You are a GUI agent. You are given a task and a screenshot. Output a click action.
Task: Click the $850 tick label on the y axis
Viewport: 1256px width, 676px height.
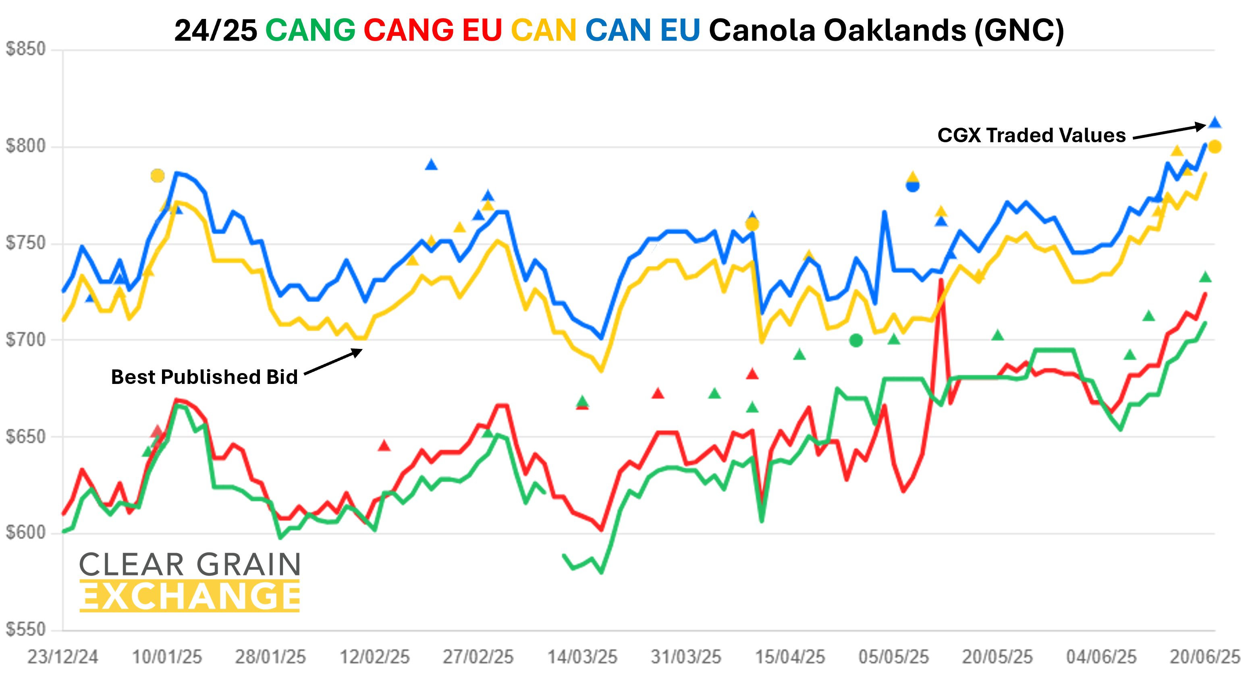click(25, 49)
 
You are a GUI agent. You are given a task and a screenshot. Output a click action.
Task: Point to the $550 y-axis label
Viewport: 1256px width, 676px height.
click(25, 629)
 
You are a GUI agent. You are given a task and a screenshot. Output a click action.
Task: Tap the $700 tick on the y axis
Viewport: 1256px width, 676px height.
click(25, 340)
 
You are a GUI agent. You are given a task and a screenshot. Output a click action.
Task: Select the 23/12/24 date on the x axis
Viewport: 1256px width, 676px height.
click(62, 657)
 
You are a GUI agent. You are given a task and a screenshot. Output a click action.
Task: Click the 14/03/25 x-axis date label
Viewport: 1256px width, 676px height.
click(582, 657)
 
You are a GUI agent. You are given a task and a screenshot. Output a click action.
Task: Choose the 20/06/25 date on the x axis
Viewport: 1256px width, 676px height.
click(1205, 657)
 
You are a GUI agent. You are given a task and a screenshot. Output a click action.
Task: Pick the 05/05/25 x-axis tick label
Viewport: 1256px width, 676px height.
click(893, 657)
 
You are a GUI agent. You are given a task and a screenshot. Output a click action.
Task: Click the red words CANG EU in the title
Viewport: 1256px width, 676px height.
click(432, 30)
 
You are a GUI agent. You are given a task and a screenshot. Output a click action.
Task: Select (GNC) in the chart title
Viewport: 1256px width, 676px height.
click(1019, 30)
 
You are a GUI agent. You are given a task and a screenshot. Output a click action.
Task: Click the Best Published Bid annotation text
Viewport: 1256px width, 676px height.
click(204, 377)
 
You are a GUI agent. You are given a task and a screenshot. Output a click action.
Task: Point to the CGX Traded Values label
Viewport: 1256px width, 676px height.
click(1031, 135)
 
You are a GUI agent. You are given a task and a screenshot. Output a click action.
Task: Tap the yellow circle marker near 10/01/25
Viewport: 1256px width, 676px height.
click(158, 176)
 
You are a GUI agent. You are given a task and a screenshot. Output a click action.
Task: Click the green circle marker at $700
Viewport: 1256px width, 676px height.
click(856, 340)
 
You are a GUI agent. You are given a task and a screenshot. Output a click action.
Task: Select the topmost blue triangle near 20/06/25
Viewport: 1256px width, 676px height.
click(1214, 122)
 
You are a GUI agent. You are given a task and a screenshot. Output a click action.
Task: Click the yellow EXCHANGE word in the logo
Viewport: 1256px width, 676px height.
click(190, 596)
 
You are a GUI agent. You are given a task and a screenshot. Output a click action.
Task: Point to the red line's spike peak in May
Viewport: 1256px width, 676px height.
click(941, 280)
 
